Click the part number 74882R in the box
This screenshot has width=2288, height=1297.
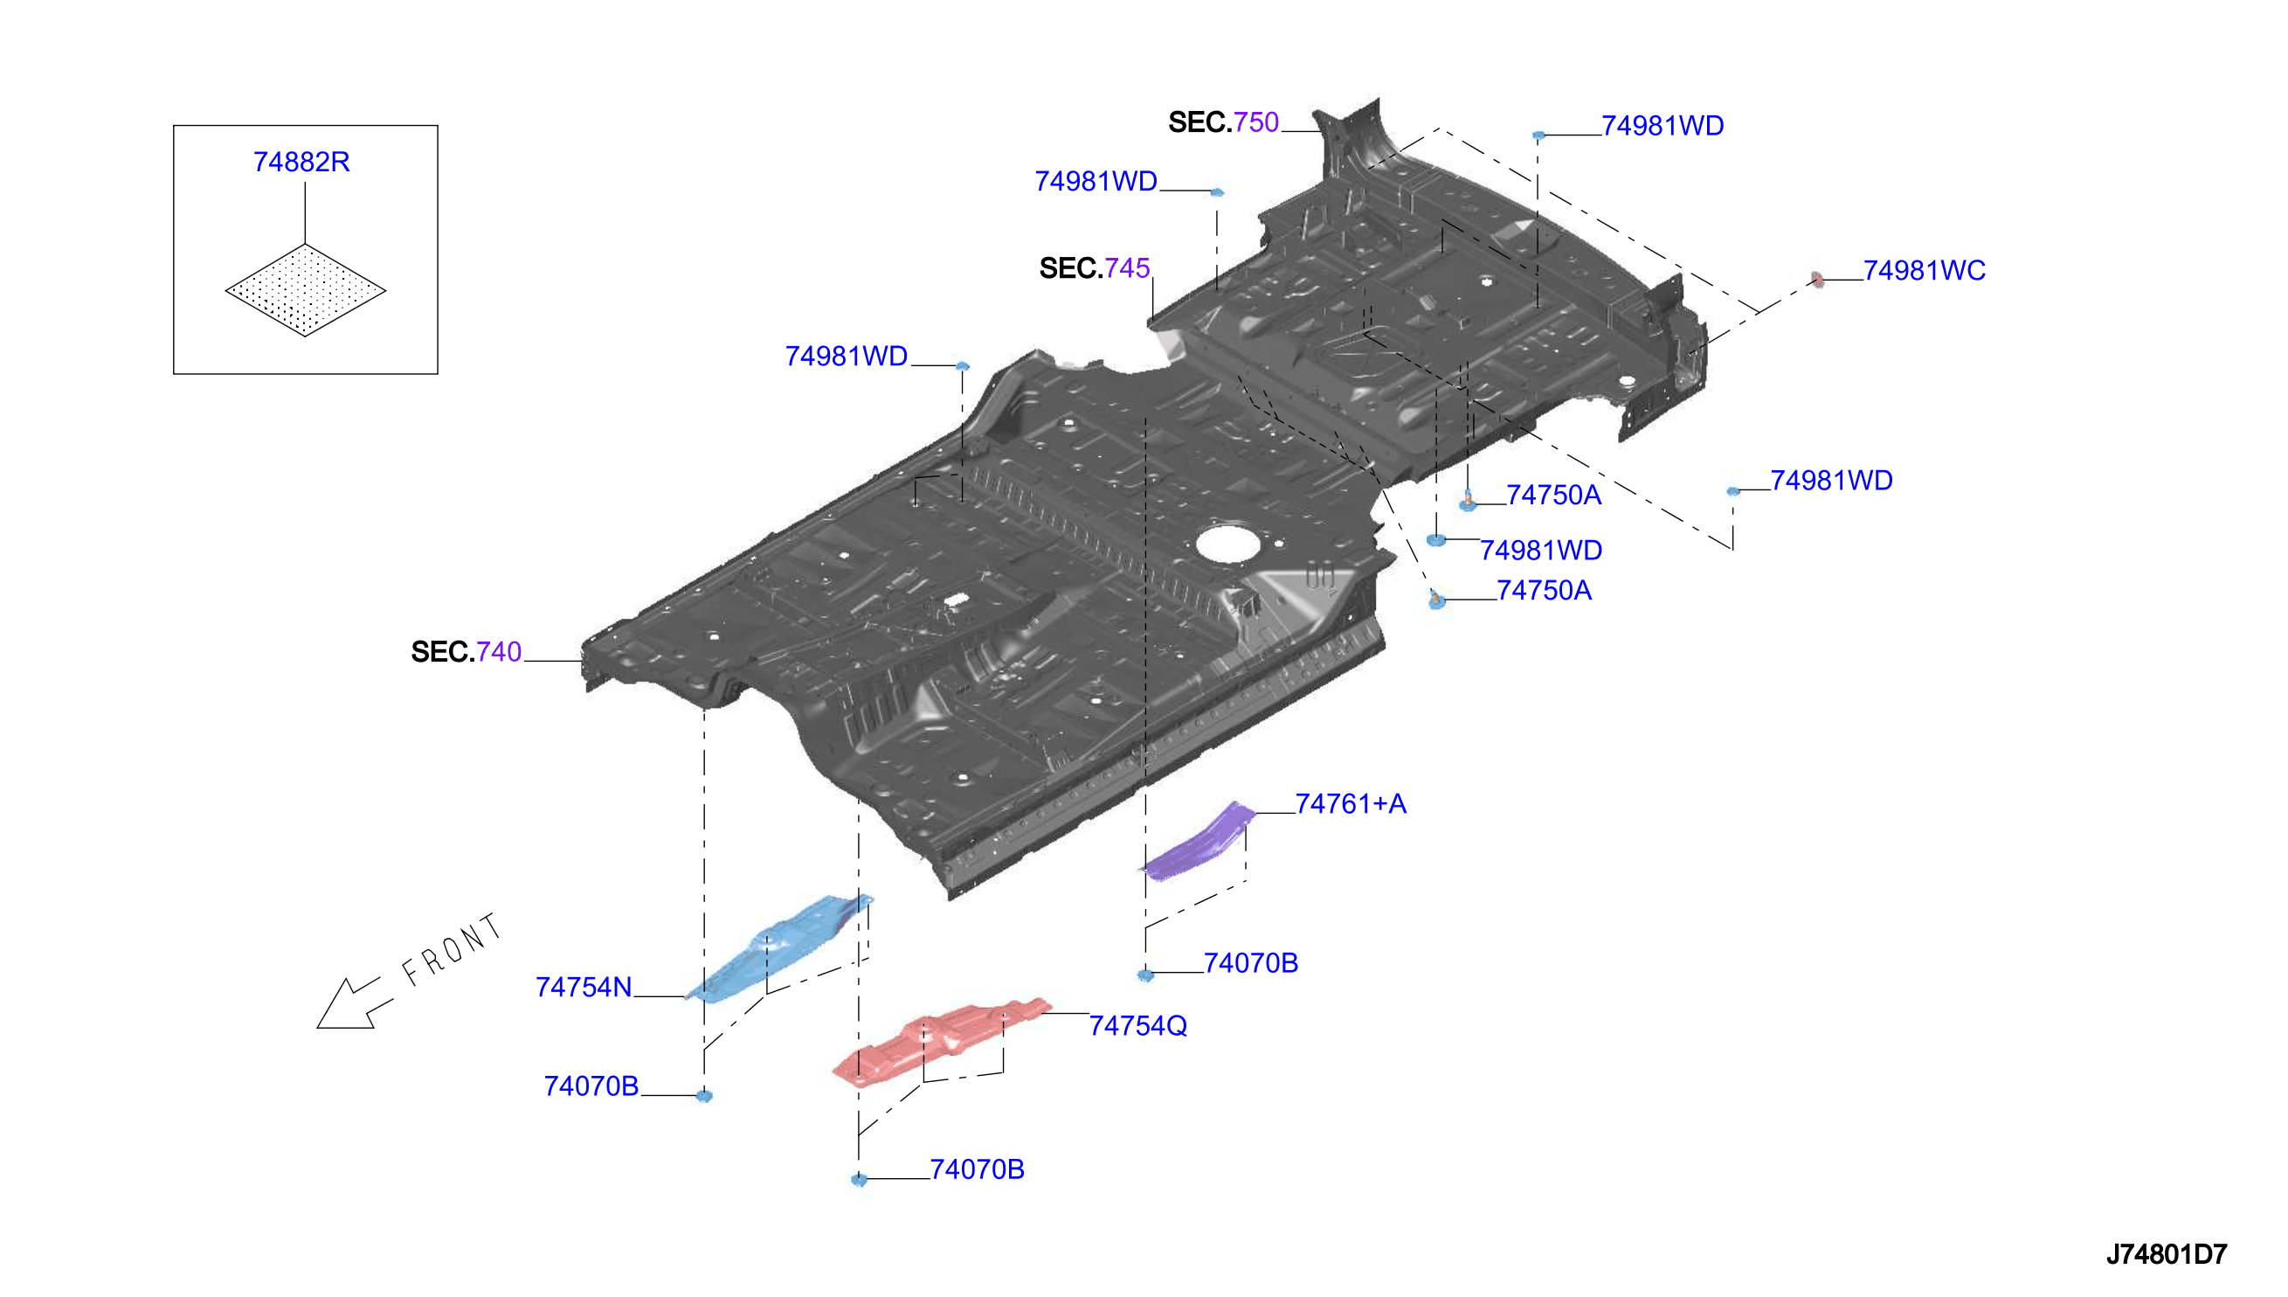point(301,163)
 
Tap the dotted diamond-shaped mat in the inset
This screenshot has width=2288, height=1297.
point(305,290)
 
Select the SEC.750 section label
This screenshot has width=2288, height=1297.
point(1223,122)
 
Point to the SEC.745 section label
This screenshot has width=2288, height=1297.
point(1094,268)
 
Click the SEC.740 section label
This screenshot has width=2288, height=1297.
point(466,652)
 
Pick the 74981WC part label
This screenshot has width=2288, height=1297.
point(1924,271)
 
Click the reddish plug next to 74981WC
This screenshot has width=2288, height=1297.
point(1817,280)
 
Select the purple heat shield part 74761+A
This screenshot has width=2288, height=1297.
point(1199,842)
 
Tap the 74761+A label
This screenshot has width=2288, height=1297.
point(1351,804)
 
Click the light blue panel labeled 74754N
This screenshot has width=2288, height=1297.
point(779,948)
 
